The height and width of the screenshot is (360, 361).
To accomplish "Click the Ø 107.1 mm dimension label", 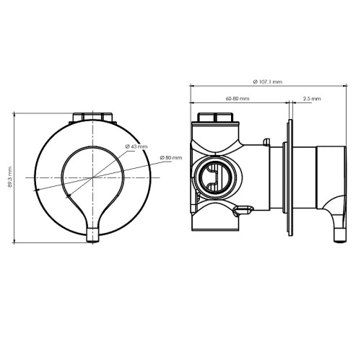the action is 268,82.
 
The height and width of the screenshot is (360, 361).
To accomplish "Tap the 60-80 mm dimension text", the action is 238,99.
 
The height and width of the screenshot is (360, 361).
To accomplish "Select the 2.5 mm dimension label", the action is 312,99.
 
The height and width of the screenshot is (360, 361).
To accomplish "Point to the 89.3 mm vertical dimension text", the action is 10,177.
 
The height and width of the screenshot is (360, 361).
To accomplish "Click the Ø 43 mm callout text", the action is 136,146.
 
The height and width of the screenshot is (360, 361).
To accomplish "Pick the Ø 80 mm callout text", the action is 171,158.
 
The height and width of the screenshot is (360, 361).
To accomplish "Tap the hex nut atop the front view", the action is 92,117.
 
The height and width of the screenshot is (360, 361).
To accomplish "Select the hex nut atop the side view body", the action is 215,117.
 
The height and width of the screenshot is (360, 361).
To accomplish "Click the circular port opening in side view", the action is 215,177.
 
